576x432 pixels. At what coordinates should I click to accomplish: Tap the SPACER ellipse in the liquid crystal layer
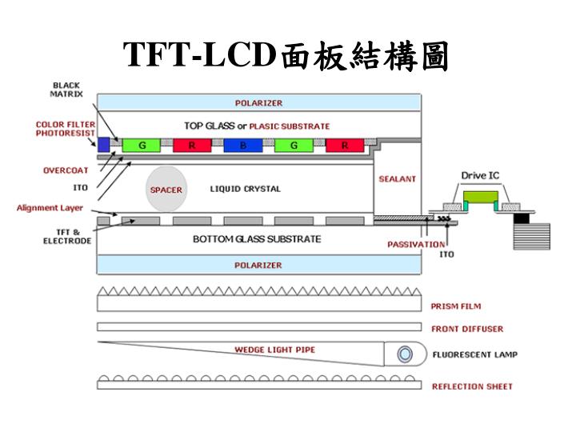pyautogui.click(x=166, y=190)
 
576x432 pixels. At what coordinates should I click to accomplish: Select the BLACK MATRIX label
pyautogui.click(x=67, y=89)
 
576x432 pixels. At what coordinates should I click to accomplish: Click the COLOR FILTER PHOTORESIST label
pyautogui.click(x=65, y=129)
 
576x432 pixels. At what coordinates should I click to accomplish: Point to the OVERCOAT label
pyautogui.click(x=66, y=170)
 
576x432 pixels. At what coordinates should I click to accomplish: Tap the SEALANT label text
pyautogui.click(x=397, y=179)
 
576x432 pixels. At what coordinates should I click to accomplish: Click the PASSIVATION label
pyautogui.click(x=416, y=244)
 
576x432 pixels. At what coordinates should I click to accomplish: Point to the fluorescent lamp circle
pyautogui.click(x=406, y=353)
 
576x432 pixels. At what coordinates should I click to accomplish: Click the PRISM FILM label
pyautogui.click(x=456, y=306)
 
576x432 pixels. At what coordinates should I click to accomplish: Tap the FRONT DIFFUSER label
pyautogui.click(x=467, y=329)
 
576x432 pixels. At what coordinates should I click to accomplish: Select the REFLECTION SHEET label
pyautogui.click(x=472, y=386)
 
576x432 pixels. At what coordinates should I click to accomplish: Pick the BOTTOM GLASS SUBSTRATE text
pyautogui.click(x=257, y=239)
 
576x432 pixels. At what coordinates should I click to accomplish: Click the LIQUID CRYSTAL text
pyautogui.click(x=246, y=190)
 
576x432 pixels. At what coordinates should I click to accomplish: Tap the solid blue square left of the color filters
pyautogui.click(x=103, y=144)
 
